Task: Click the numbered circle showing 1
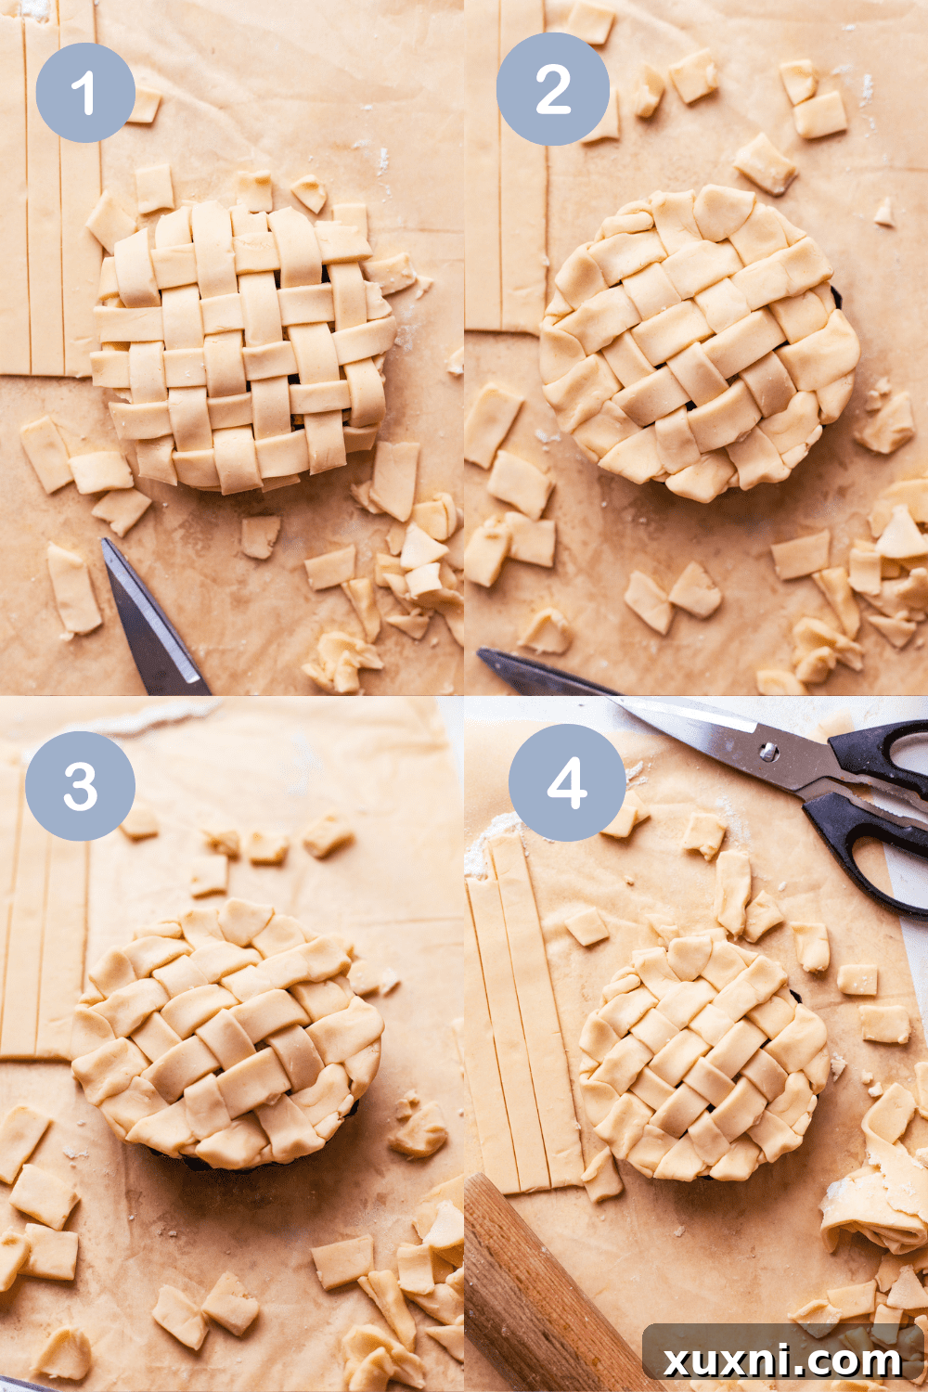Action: (84, 93)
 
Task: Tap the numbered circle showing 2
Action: (553, 89)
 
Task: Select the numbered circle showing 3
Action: (80, 786)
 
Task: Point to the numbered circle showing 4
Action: (567, 782)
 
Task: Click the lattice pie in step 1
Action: (243, 348)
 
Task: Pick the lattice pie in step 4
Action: (703, 1058)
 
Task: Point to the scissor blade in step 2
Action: (538, 673)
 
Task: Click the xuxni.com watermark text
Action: (782, 1360)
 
